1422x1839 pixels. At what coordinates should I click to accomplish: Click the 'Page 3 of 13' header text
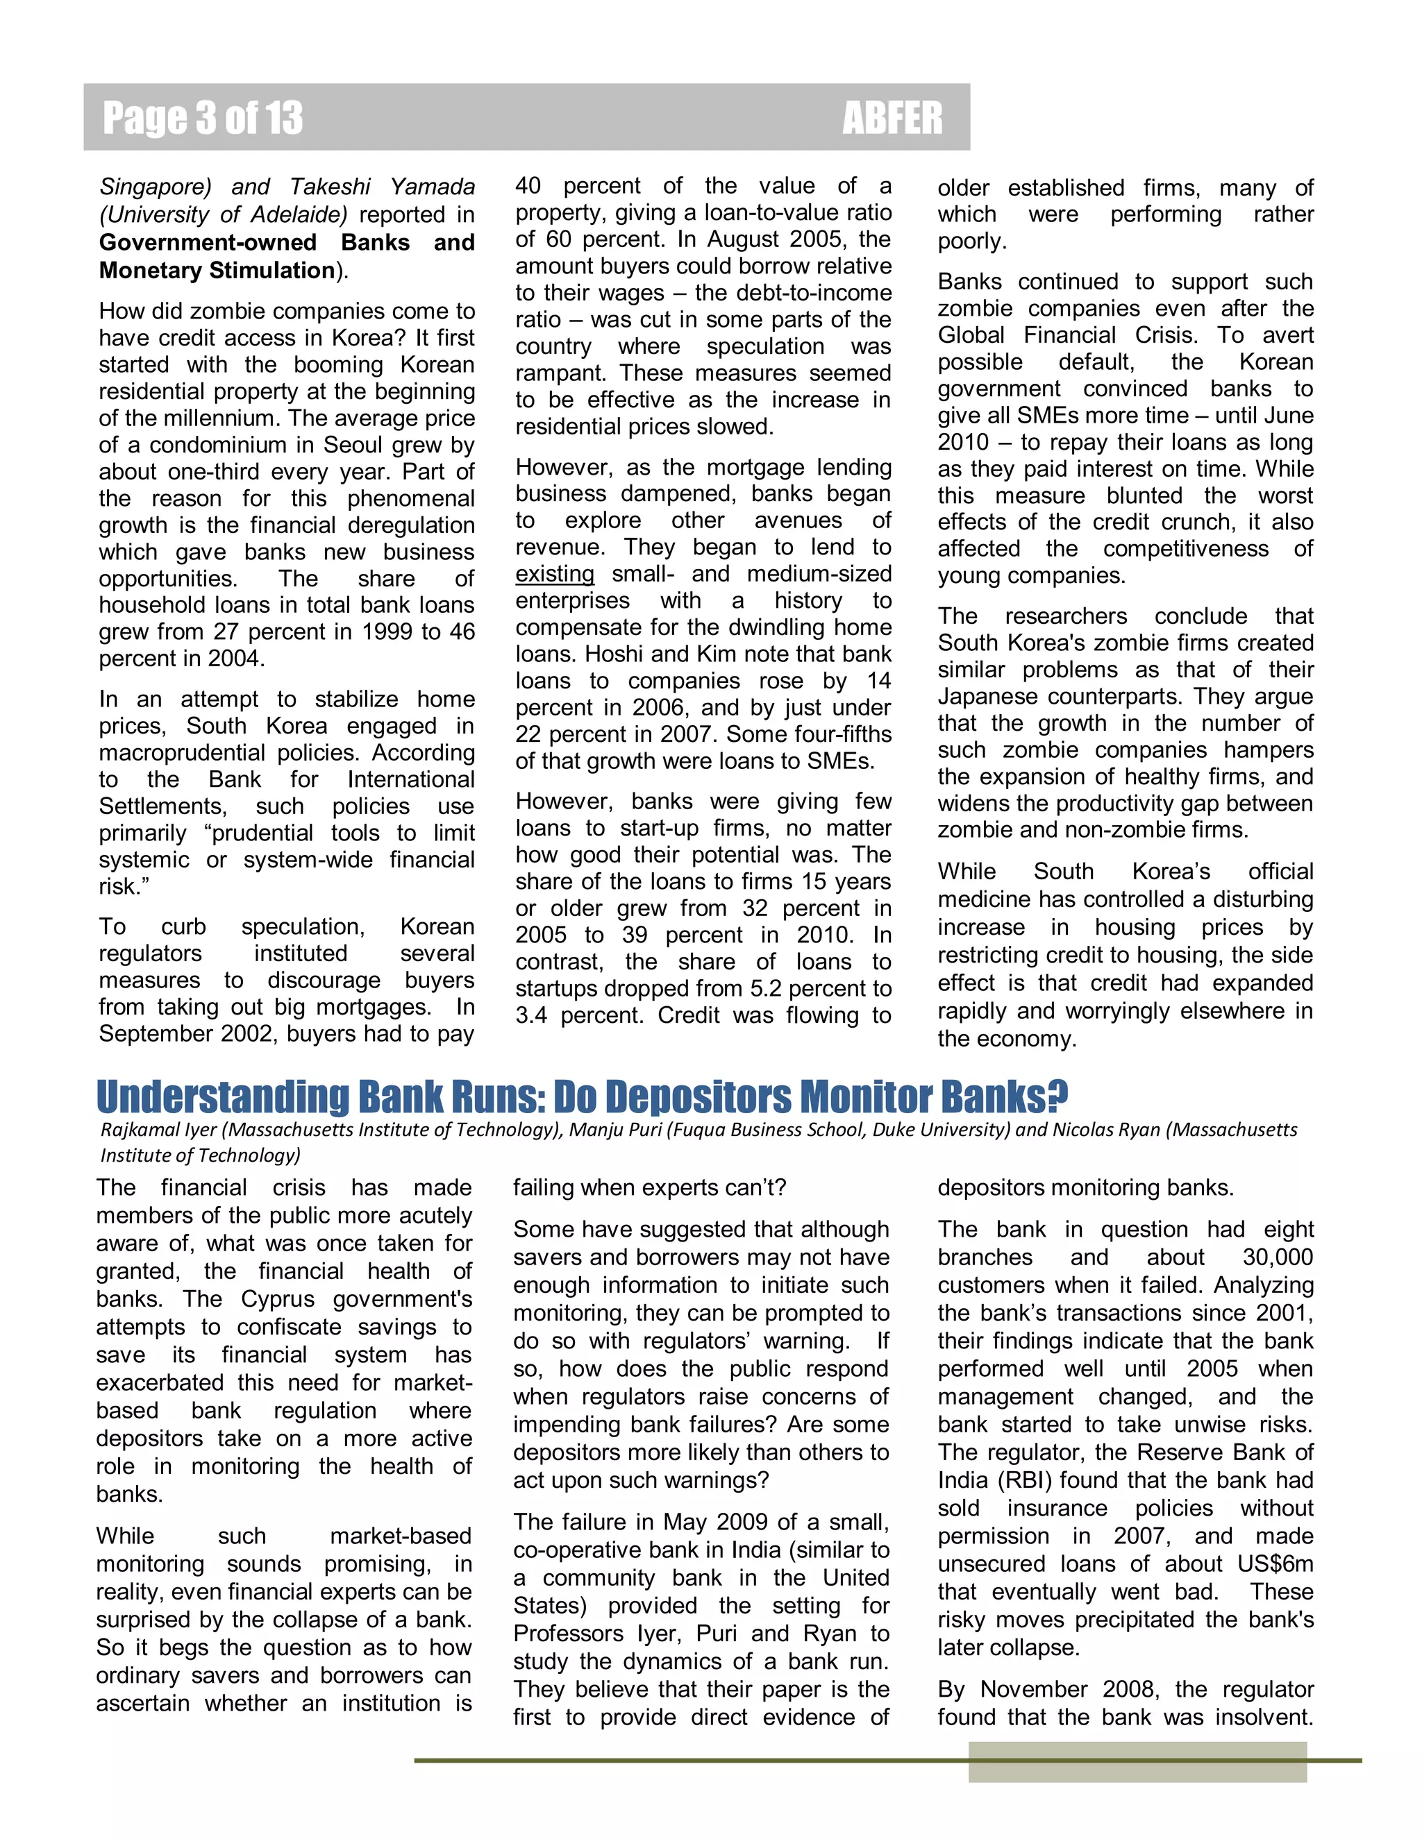202,118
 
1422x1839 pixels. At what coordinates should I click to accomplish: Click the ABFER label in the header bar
892,118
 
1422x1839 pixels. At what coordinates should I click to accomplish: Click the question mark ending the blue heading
1058,1094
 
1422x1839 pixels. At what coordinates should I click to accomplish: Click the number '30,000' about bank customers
1277,1258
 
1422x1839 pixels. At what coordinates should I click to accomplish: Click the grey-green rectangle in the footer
1137,1763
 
